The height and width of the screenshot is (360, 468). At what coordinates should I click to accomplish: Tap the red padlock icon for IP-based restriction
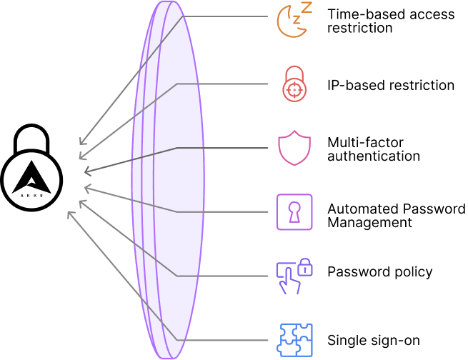294,85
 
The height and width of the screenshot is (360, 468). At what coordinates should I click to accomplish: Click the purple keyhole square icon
294,212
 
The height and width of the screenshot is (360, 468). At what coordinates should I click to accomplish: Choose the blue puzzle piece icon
294,339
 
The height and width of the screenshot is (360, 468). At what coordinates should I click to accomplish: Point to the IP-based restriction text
391,86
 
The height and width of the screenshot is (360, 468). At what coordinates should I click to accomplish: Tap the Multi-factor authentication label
373,149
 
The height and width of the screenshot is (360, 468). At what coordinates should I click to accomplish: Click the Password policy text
379,272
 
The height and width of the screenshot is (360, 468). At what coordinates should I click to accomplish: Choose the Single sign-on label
373,339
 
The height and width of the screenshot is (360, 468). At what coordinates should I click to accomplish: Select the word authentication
373,156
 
